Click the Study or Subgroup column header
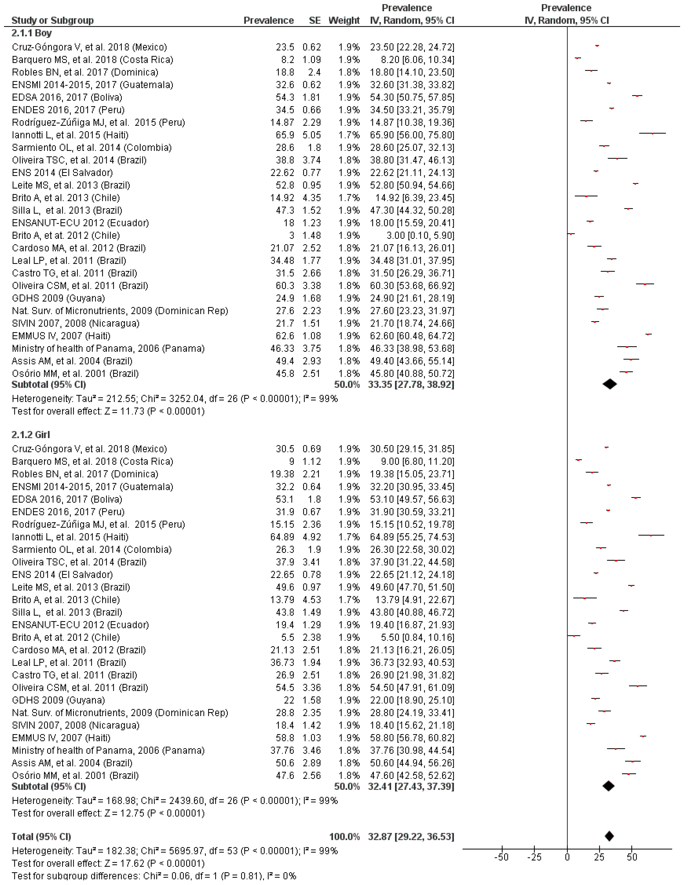click(x=53, y=20)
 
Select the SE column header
click(x=315, y=20)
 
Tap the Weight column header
click(x=344, y=20)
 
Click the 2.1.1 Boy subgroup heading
click(x=32, y=33)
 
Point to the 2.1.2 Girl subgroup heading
click(x=31, y=435)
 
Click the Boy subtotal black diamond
click(x=610, y=384)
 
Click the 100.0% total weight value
click(x=344, y=836)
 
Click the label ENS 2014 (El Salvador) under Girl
click(x=62, y=575)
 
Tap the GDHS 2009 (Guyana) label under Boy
click(x=58, y=298)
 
